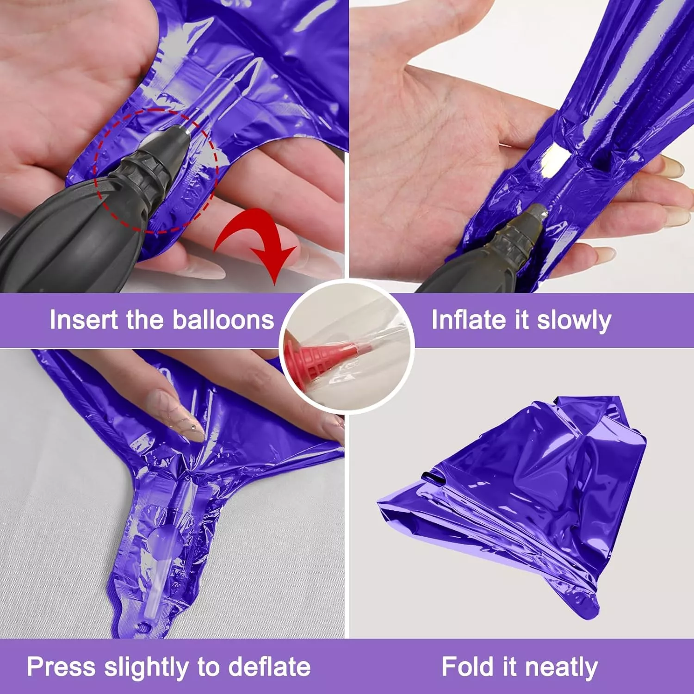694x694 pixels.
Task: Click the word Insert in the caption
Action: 84,320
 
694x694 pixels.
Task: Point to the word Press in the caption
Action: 62,667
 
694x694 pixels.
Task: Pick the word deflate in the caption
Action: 269,667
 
